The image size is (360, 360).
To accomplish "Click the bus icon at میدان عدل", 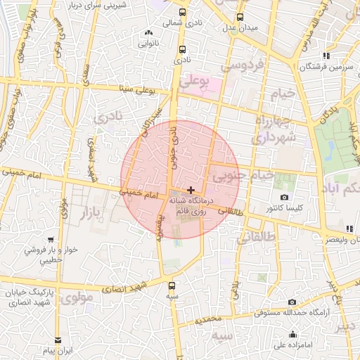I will coord(240,17).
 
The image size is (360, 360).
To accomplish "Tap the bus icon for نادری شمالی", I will coord(183,13).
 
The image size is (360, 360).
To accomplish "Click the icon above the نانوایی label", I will coord(148,33).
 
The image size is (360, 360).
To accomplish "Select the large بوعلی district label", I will coord(195,82).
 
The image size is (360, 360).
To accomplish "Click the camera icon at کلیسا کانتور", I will coord(284,198).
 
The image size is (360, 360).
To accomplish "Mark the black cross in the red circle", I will coord(191,190).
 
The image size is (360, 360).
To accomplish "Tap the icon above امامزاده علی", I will coord(292,334).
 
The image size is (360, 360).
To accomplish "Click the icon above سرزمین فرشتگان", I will coord(325,56).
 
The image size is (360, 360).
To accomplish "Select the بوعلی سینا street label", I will coord(137,89).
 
